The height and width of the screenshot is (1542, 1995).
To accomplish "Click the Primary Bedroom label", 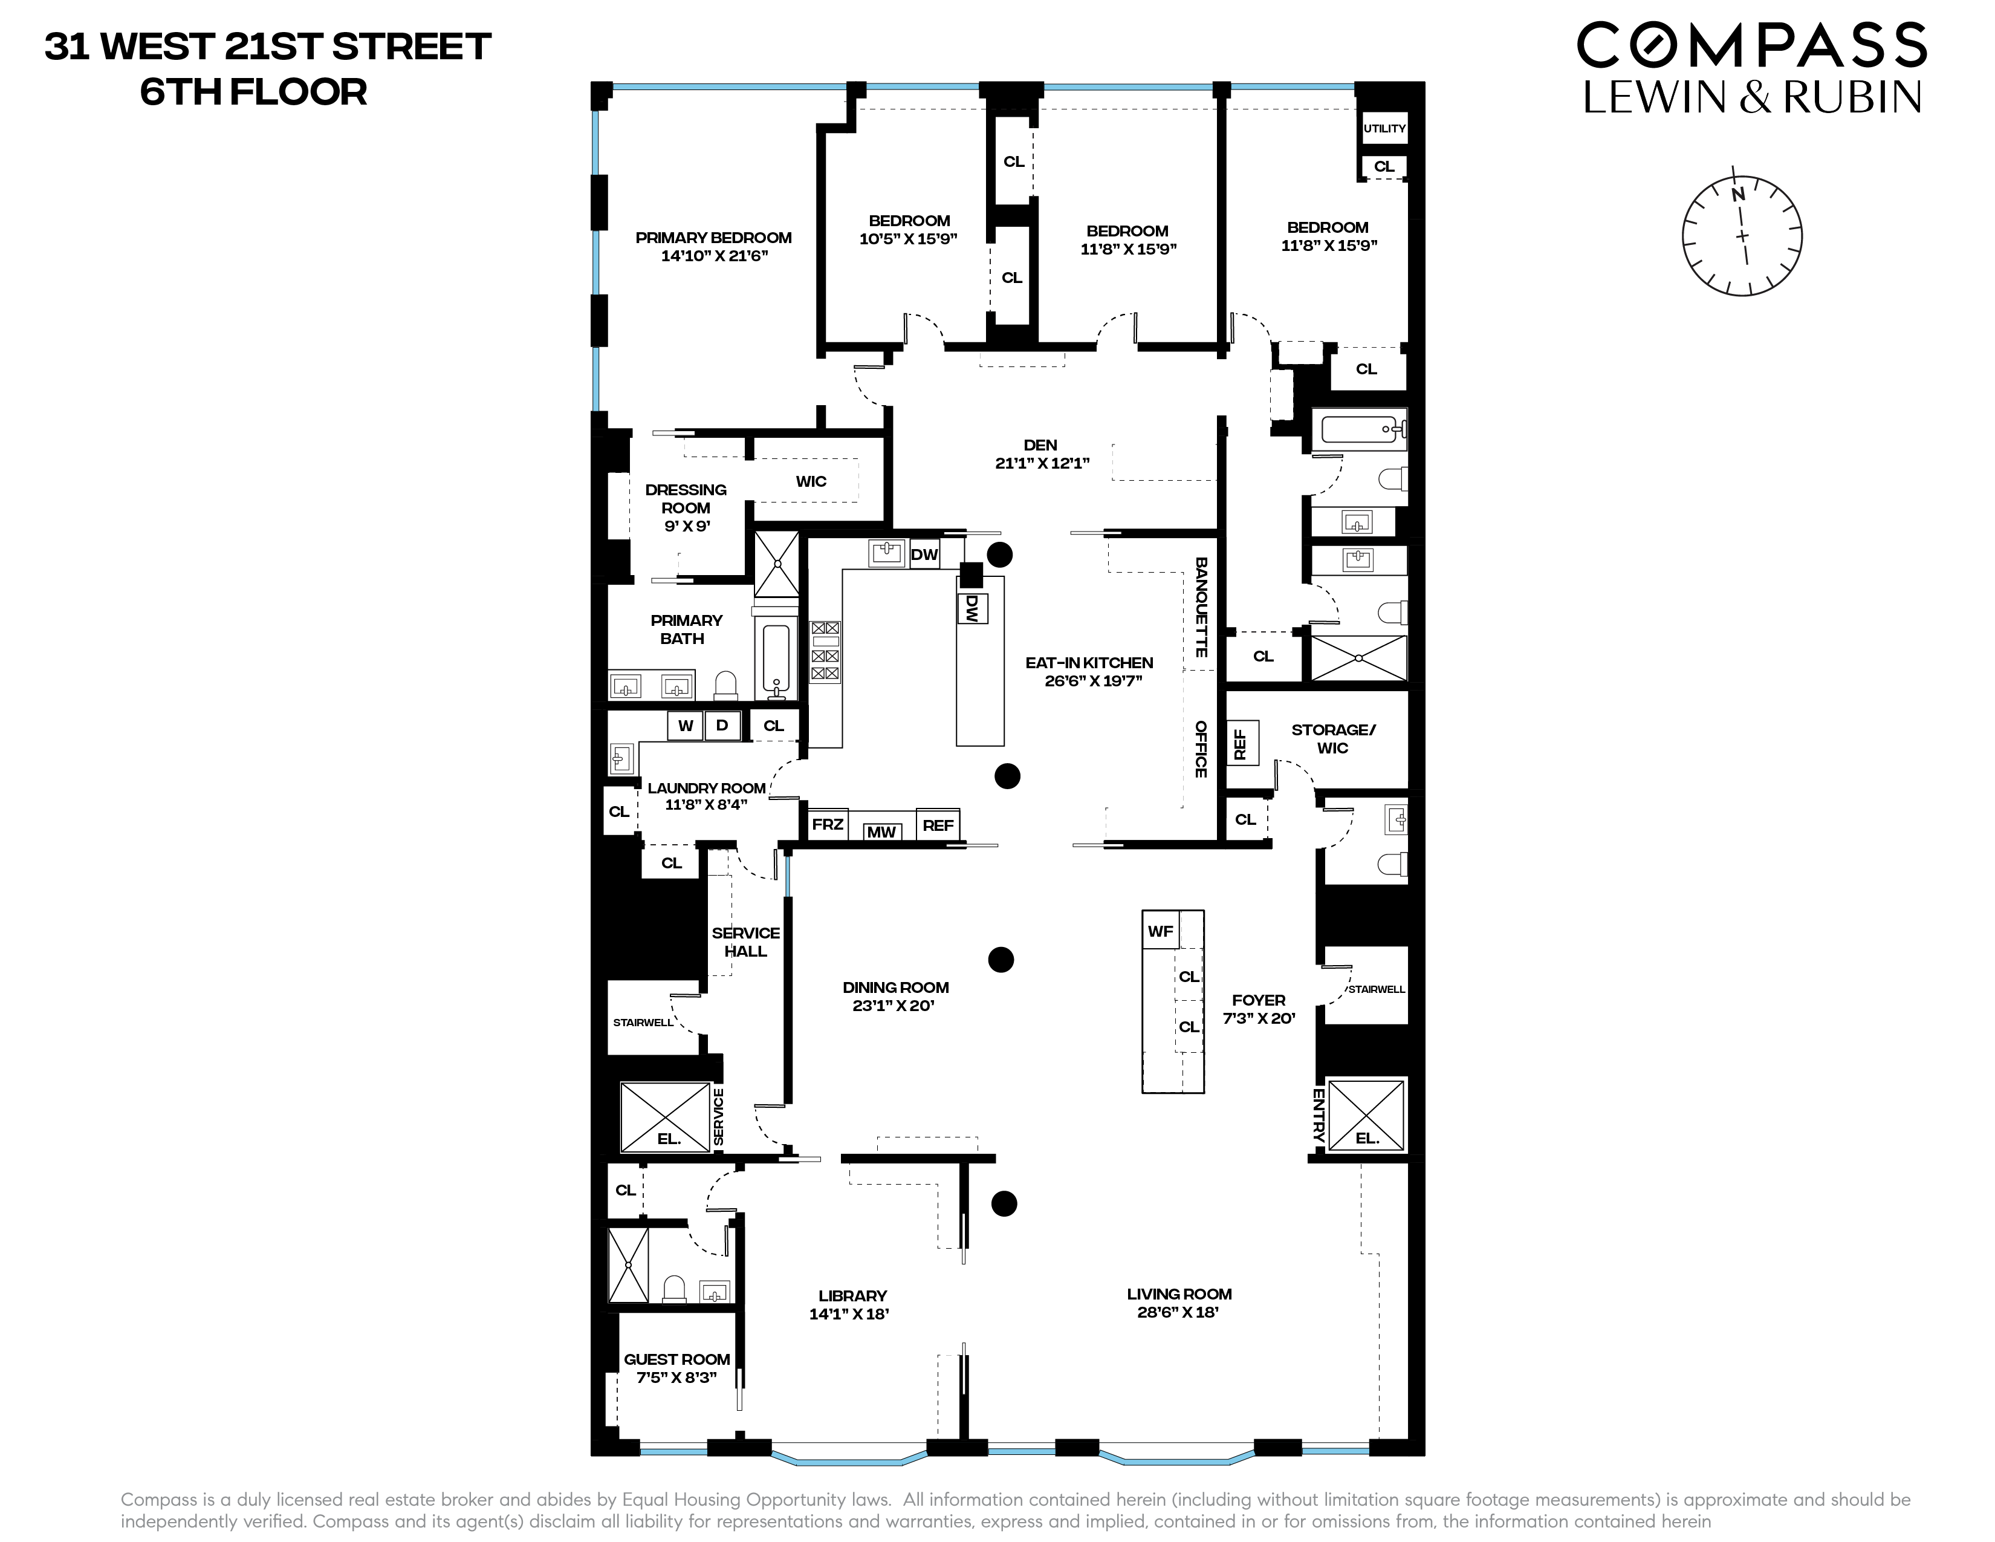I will click(713, 238).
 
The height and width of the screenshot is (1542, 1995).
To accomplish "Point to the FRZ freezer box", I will click(828, 824).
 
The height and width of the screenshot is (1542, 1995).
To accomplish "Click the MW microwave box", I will click(881, 831).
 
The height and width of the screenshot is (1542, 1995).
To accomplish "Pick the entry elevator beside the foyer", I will click(1366, 1116).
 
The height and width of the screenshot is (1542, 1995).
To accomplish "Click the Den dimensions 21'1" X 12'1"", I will click(1042, 463).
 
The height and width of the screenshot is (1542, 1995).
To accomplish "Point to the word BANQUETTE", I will click(1201, 608).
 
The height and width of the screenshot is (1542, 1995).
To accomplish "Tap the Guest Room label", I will click(677, 1359).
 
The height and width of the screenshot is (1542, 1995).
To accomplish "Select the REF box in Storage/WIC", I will click(1241, 743).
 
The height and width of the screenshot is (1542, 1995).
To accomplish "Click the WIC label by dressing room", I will click(811, 481).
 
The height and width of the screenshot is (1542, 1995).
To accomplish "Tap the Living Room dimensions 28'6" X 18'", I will click(1178, 1313).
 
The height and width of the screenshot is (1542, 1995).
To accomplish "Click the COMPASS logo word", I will click(1751, 46).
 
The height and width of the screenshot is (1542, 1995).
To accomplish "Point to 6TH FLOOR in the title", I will click(254, 93).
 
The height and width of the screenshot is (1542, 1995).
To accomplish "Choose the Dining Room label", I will click(895, 987).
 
